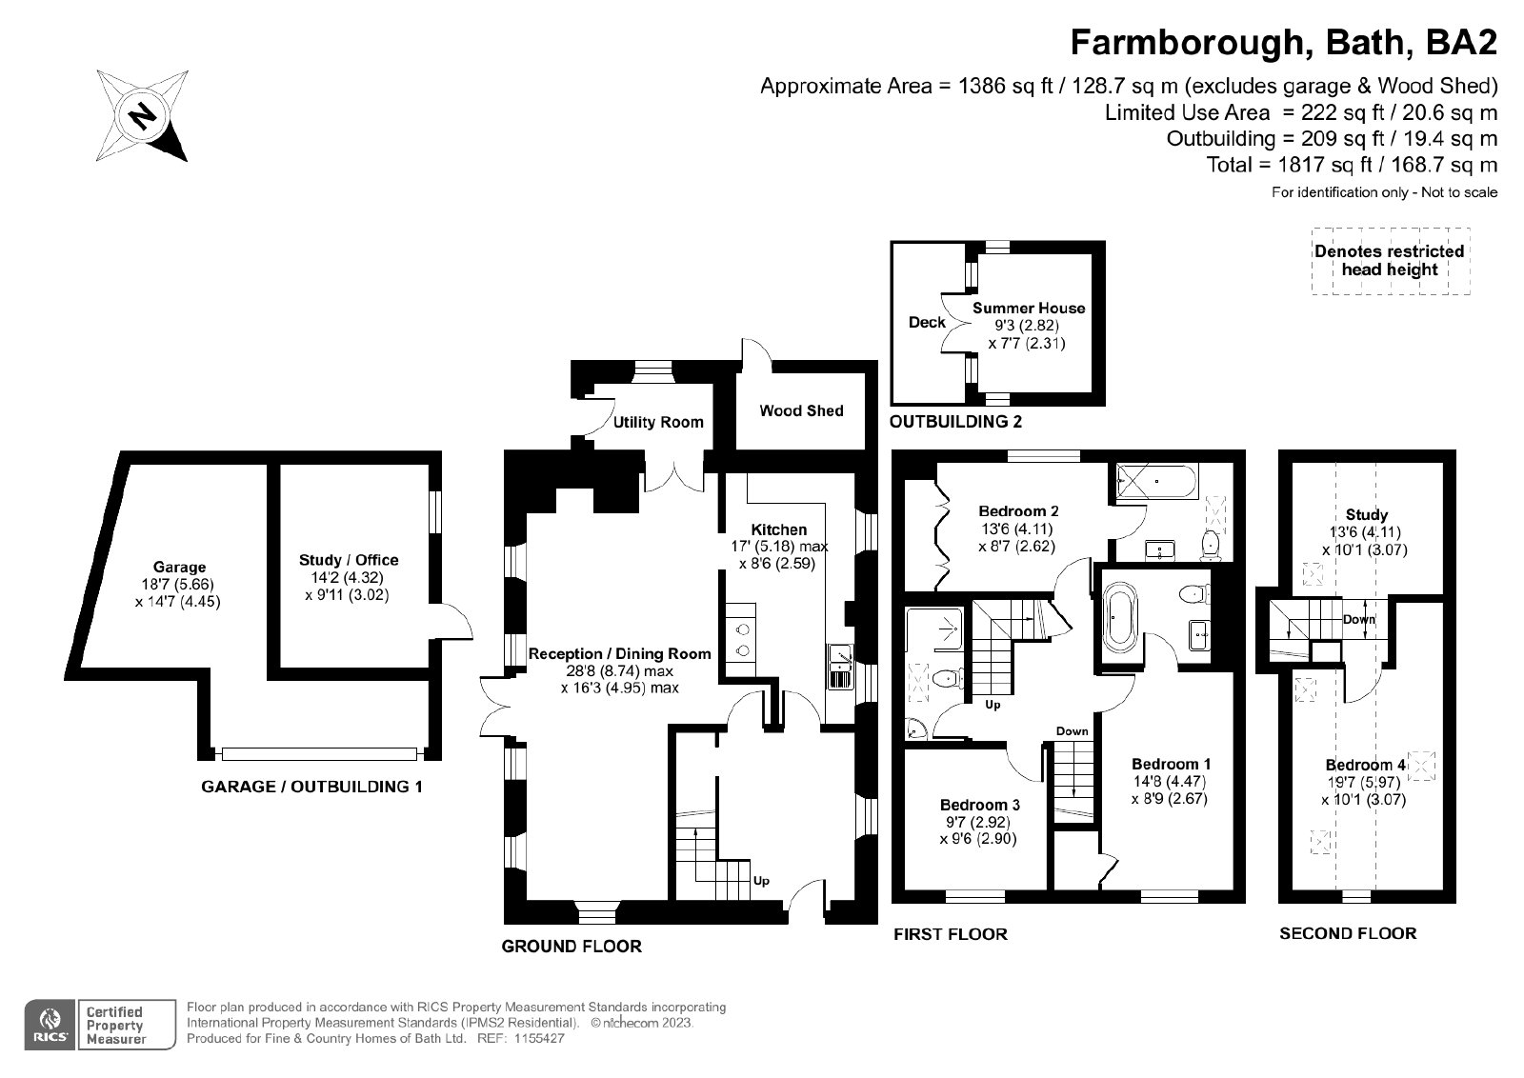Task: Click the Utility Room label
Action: click(x=658, y=422)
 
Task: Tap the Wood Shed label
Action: click(x=801, y=410)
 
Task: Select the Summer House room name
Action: click(x=1029, y=308)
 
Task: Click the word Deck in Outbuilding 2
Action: click(x=927, y=322)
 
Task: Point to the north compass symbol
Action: click(x=143, y=115)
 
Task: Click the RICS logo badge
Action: click(x=50, y=1024)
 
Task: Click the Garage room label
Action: click(x=179, y=568)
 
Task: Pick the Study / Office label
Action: click(x=349, y=560)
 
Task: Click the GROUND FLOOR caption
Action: click(x=571, y=947)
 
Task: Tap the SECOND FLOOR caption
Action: click(x=1348, y=933)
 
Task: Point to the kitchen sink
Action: click(x=840, y=666)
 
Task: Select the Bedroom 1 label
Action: click(x=1171, y=764)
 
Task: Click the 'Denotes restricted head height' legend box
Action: click(x=1390, y=260)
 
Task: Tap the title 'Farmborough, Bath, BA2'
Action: click(x=1284, y=43)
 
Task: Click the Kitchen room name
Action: click(x=779, y=529)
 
